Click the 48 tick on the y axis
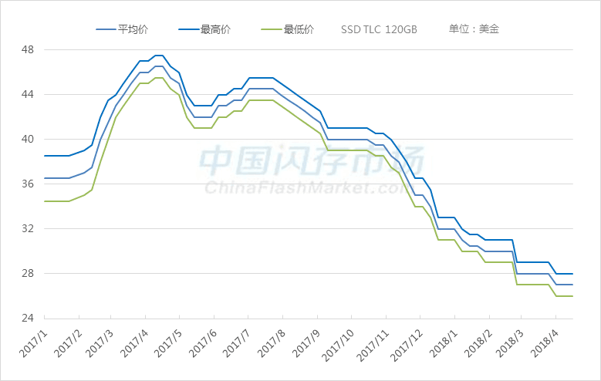tap(28, 50)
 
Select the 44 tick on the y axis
tap(28, 95)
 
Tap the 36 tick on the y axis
tap(28, 184)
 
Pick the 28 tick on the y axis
tap(28, 274)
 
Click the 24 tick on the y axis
tap(28, 319)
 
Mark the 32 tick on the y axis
tap(28, 229)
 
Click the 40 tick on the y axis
tap(28, 140)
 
